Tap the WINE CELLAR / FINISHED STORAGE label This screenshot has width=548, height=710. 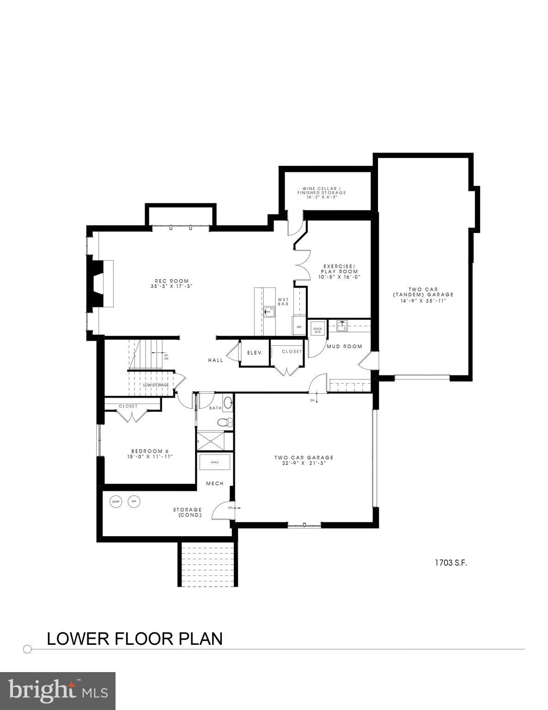click(324, 192)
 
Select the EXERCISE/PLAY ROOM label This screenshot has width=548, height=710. click(339, 271)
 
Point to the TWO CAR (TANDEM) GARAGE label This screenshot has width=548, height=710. click(423, 294)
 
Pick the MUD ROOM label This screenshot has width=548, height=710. click(344, 346)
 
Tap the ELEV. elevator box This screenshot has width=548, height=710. click(255, 353)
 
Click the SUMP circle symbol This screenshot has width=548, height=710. click(116, 502)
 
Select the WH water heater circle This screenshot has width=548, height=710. click(134, 502)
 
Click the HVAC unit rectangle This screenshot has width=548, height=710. click(214, 462)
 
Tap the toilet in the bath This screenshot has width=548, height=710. click(224, 422)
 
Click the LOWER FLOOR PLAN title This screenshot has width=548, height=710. click(134, 638)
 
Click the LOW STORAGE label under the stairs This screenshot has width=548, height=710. click(156, 385)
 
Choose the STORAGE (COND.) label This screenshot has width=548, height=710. click(187, 512)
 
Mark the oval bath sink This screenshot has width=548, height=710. click(228, 403)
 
